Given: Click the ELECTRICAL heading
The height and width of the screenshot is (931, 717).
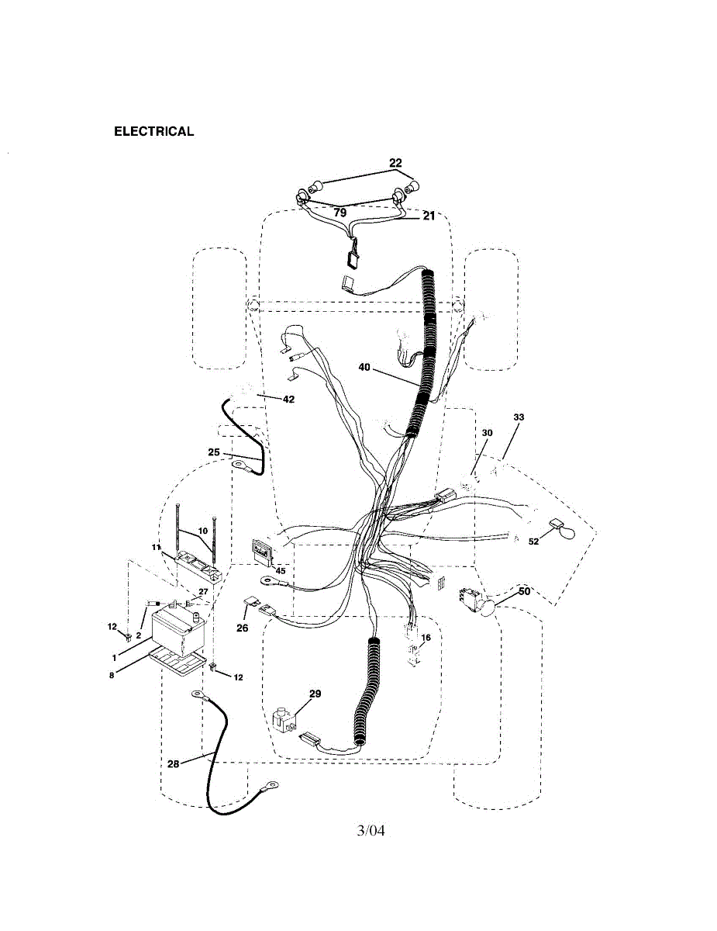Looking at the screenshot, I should (153, 131).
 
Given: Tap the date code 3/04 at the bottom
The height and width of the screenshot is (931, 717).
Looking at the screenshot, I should (371, 831).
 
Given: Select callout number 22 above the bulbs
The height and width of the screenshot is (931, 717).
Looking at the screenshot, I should (395, 164).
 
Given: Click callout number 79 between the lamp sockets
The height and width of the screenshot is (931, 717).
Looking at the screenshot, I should (340, 212).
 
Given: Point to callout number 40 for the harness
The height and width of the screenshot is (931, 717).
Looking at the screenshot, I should (364, 368).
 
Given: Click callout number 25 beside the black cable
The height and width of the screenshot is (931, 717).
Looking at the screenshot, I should (214, 452).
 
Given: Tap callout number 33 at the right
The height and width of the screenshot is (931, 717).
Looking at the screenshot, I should (518, 417).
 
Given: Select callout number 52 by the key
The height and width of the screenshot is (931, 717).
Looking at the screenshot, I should (533, 542).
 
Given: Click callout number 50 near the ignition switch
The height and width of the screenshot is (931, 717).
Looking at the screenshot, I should (524, 591).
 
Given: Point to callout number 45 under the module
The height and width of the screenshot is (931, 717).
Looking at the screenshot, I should (281, 571).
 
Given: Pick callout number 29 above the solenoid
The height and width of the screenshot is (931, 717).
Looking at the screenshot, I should (315, 694).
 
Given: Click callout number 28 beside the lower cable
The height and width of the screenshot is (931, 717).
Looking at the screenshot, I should (173, 764).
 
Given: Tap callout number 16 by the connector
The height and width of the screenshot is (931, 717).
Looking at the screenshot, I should (425, 637).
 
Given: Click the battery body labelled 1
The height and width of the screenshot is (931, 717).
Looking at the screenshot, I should (179, 628).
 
